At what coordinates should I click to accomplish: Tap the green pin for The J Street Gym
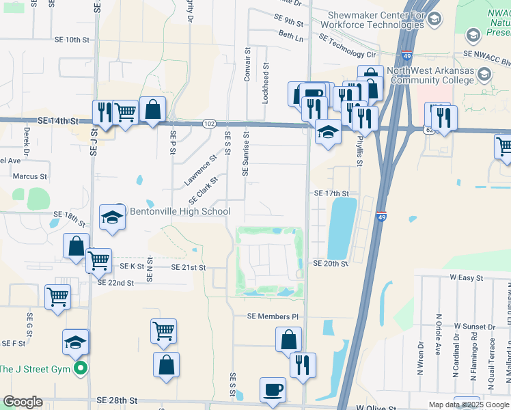[x=81, y=370]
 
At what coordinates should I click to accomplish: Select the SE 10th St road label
[x=72, y=40]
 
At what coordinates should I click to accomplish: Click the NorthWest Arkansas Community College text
[x=430, y=75]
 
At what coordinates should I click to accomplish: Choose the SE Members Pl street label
[x=273, y=317]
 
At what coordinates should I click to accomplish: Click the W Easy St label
[x=466, y=278]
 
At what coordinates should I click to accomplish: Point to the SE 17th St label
[x=331, y=194]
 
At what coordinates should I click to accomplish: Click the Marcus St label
[x=29, y=176]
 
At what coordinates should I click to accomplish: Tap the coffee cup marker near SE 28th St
[x=273, y=389]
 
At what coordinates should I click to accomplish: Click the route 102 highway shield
[x=210, y=124]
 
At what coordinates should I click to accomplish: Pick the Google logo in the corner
[x=23, y=402]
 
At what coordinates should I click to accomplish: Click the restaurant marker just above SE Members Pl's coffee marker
[x=303, y=364]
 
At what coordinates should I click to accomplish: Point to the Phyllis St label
[x=359, y=151]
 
